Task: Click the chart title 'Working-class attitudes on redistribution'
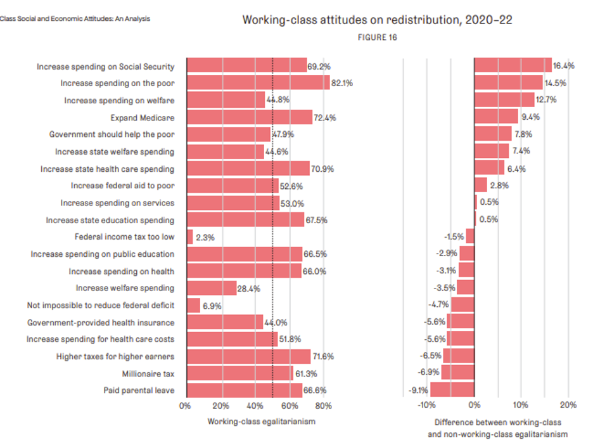(377, 20)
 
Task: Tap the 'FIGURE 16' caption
(378, 37)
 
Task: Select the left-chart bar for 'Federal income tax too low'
(189, 237)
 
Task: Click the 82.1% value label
(342, 83)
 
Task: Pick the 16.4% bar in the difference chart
(513, 65)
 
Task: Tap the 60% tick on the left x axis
(290, 406)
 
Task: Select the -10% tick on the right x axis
(426, 406)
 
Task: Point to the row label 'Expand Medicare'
(143, 117)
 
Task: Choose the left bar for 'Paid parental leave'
(244, 390)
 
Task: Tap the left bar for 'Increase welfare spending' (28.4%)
(212, 288)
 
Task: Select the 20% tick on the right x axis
(568, 406)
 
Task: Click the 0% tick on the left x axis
(186, 406)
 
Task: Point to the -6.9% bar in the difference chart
(457, 373)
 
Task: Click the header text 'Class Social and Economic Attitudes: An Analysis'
(75, 19)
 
